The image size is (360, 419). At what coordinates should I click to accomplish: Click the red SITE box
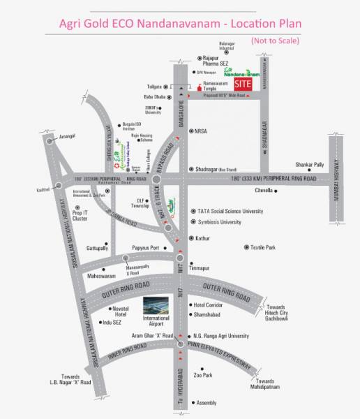click(242, 83)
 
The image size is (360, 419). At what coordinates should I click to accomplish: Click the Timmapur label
click(200, 267)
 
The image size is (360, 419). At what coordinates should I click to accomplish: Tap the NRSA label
click(201, 131)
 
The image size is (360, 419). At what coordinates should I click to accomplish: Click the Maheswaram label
click(100, 276)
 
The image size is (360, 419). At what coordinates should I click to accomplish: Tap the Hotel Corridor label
click(209, 305)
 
